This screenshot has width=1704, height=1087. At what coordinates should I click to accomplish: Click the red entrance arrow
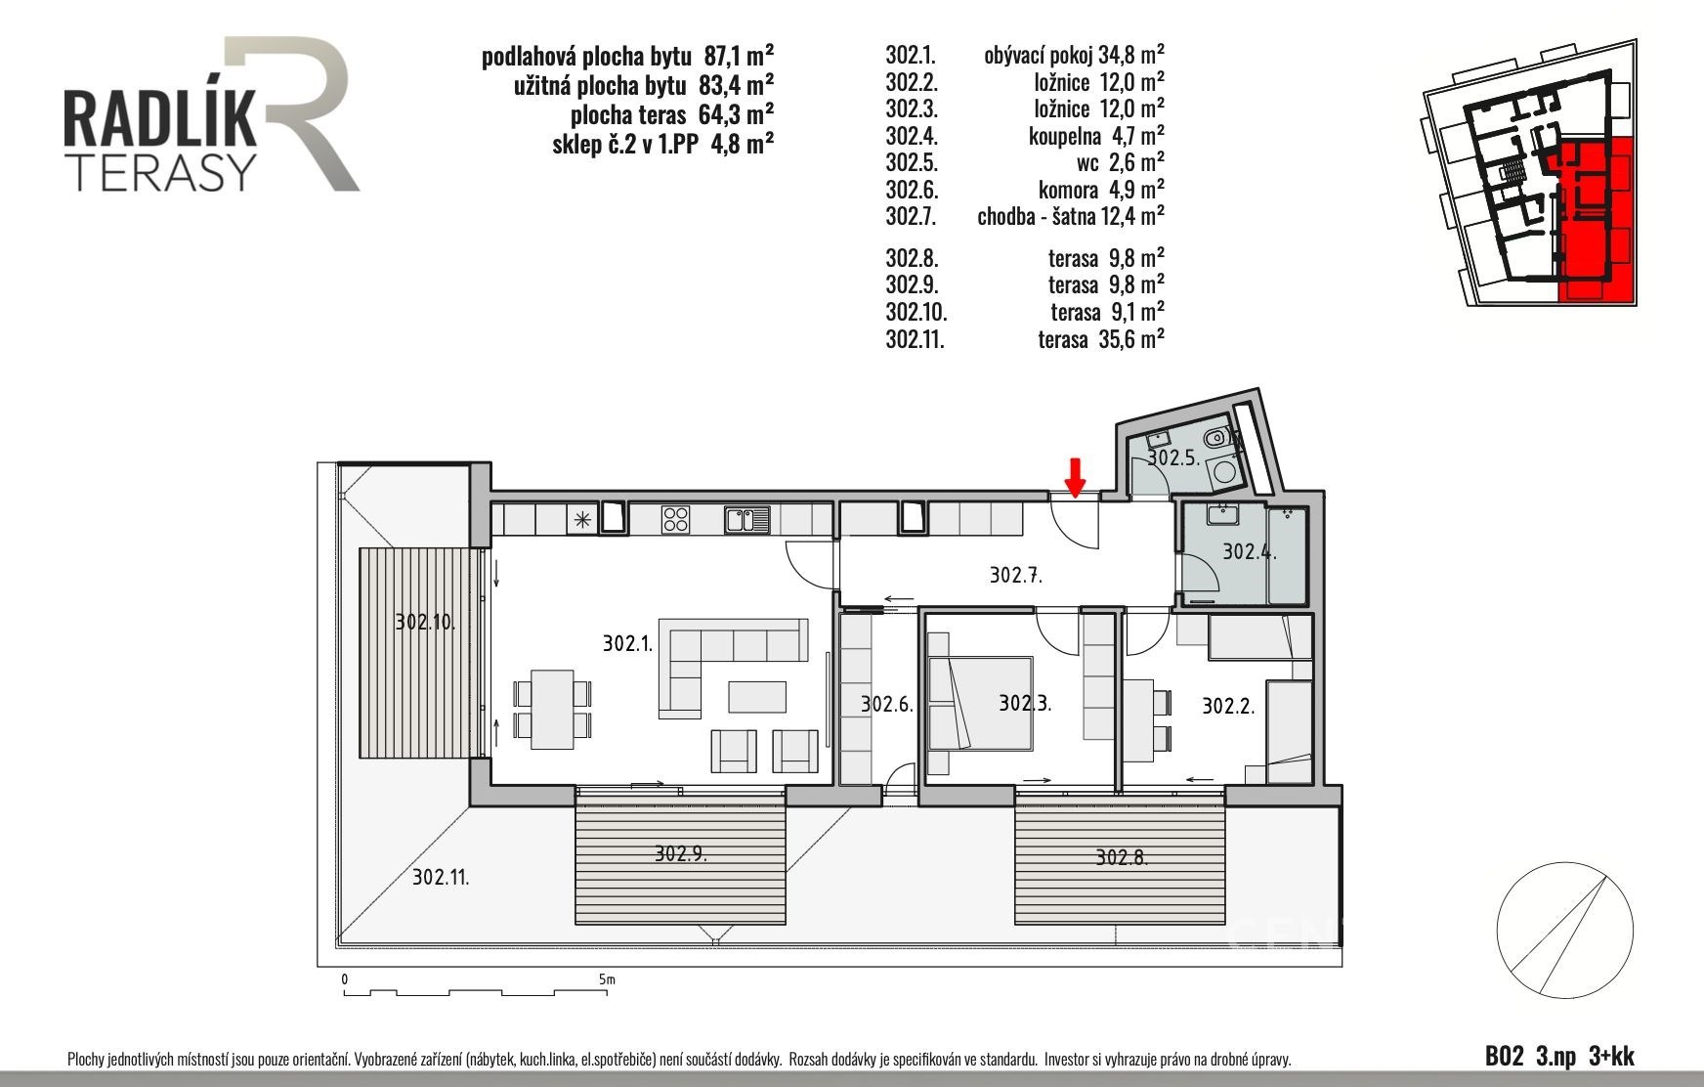coord(1075,477)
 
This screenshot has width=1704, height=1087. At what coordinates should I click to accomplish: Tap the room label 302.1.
coord(627,643)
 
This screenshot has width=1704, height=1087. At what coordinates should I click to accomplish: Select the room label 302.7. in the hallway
coord(1016,575)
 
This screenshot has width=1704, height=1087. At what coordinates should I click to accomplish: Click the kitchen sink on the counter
coord(747,518)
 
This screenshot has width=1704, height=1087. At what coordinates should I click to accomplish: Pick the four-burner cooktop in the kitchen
coord(675,518)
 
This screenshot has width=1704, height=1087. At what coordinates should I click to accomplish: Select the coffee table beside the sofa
coord(757,696)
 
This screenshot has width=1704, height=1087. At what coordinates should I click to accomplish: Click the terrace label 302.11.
coord(441,877)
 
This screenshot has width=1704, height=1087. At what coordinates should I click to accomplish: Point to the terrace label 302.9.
coord(680,853)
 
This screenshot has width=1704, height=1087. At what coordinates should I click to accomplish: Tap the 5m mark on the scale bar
coord(607,978)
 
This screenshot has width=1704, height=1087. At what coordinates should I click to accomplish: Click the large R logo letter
coord(293,112)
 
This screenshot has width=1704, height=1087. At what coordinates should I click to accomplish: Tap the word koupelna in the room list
coord(1064,136)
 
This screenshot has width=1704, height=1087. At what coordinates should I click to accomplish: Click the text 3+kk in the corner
coord(1612,1056)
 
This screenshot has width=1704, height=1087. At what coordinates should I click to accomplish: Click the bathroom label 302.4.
coord(1250,551)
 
